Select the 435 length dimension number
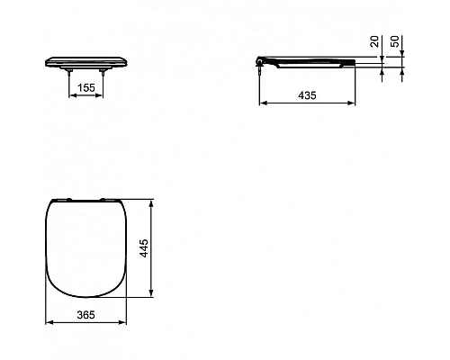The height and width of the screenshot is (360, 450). click(x=306, y=94)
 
